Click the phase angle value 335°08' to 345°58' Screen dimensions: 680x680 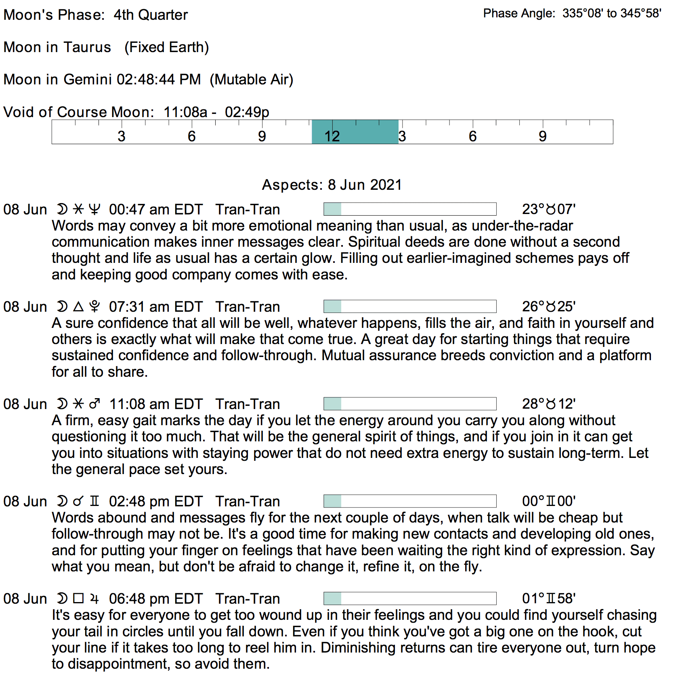point(611,13)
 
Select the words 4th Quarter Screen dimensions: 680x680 point(151,15)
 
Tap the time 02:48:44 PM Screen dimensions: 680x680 point(159,80)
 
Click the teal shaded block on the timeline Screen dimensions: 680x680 point(355,132)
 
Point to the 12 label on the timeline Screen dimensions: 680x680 point(332,136)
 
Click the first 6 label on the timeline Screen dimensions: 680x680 point(191,136)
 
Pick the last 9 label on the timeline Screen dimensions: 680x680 point(542,136)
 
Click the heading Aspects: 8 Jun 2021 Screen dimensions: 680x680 point(332,185)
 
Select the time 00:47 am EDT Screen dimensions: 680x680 point(155,210)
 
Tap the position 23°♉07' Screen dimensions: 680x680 point(549,210)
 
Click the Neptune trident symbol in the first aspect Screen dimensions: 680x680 point(94,209)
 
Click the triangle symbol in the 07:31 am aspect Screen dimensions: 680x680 point(78,306)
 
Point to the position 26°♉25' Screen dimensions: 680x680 point(549,307)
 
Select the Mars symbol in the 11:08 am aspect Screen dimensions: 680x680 point(94,404)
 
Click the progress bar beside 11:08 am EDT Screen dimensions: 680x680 point(410,404)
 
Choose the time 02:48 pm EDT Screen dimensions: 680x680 point(155,502)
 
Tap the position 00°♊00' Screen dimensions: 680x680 point(549,502)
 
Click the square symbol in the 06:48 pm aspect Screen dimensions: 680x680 point(79,598)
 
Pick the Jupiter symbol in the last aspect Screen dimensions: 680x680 point(94,599)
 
